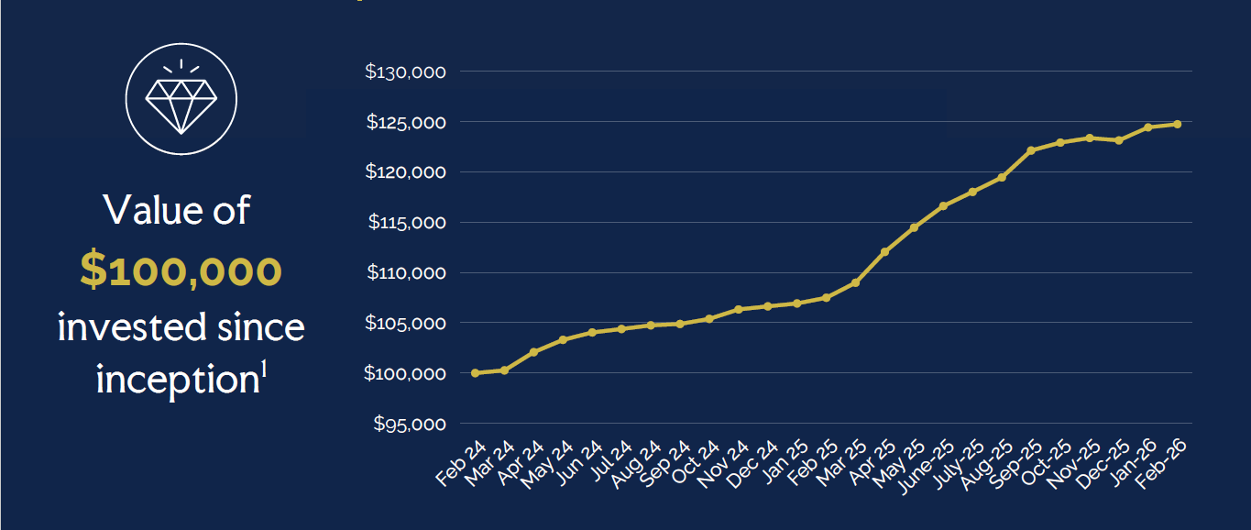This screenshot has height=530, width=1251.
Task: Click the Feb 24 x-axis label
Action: [x=462, y=463]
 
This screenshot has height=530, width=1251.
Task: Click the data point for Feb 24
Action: [x=475, y=373]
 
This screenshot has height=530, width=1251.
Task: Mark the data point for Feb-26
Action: [x=1177, y=124]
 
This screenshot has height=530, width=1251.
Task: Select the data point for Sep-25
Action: [x=1031, y=150]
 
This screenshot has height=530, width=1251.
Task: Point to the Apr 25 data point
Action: [x=884, y=252]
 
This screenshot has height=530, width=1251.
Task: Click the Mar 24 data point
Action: [x=504, y=370]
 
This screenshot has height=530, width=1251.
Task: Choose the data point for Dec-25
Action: [x=1119, y=140]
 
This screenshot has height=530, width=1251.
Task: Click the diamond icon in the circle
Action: [x=181, y=100]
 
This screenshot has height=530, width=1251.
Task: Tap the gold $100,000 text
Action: [x=181, y=271]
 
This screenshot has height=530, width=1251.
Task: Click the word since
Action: [x=265, y=327]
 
